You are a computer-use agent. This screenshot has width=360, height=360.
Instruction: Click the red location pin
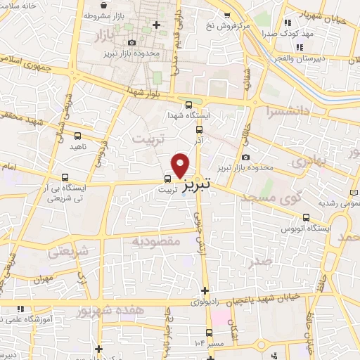coord(181,164)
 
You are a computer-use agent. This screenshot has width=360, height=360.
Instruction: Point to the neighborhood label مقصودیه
coord(157,241)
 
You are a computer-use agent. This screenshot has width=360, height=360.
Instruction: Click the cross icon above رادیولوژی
coord(205,290)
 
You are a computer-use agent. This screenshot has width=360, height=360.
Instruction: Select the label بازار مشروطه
coord(101,15)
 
